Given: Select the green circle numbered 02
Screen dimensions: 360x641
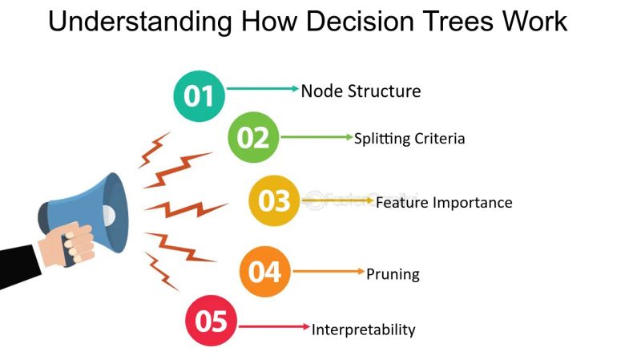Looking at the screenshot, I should [x=253, y=138].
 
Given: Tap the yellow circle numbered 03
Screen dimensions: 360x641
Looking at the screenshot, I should [x=274, y=200].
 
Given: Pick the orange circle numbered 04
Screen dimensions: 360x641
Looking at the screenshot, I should [x=264, y=271].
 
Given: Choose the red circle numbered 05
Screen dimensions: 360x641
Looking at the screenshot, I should [x=212, y=322].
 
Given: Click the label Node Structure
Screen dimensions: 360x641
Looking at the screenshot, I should [x=361, y=91].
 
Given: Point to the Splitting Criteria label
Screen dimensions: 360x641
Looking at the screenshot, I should [x=409, y=138].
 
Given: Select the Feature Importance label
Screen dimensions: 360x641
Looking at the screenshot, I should [x=444, y=202].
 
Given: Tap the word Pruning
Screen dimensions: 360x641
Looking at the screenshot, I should [x=393, y=274].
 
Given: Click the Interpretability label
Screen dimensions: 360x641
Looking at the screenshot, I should [x=363, y=329].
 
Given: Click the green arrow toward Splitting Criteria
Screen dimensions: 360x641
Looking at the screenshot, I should [x=316, y=137].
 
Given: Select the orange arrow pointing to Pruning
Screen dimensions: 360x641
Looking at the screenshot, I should [x=329, y=272].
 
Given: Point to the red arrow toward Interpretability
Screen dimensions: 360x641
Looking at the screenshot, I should [x=275, y=326].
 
